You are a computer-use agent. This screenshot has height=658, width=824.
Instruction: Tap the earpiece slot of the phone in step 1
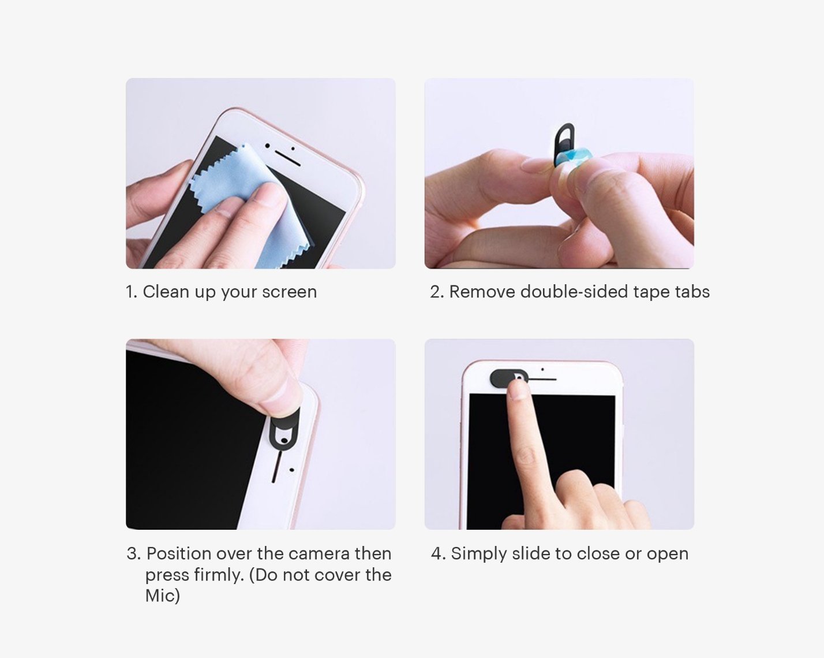[287, 158]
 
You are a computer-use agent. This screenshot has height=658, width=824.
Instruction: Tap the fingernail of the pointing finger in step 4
[519, 391]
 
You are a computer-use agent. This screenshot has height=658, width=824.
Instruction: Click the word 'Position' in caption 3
[179, 553]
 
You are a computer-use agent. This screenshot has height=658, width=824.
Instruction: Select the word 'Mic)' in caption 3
[162, 596]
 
